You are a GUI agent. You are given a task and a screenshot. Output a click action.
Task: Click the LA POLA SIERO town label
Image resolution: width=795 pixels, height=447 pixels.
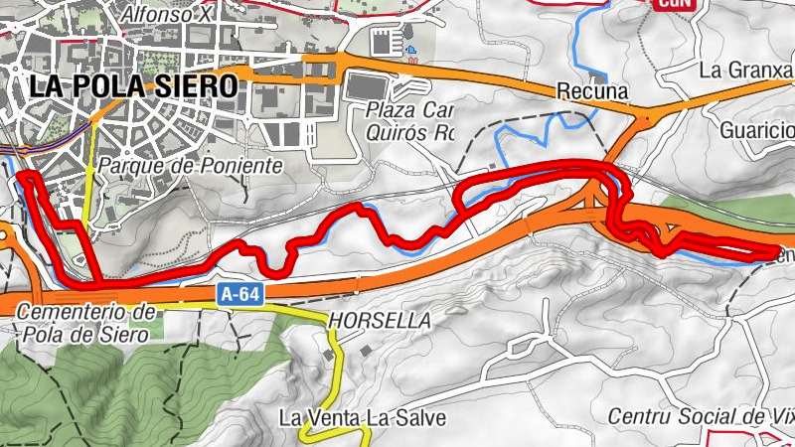[x=133, y=85]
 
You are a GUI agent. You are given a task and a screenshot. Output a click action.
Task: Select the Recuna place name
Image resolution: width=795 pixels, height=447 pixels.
[x=592, y=91]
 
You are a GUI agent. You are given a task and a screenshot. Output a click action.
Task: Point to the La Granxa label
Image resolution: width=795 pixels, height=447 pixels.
[x=746, y=70]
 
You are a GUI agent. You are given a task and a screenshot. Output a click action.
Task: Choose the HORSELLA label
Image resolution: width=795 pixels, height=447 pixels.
[x=379, y=321]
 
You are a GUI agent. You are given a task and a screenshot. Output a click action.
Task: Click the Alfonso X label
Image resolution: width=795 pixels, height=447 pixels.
[x=166, y=15]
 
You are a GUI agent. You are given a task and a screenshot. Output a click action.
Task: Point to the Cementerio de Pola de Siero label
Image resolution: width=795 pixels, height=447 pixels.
[x=86, y=323]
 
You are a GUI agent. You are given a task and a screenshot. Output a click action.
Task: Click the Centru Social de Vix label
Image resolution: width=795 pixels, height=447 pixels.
[x=700, y=414]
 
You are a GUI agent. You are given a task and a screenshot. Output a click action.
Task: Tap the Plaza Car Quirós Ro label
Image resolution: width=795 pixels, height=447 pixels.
[x=408, y=120]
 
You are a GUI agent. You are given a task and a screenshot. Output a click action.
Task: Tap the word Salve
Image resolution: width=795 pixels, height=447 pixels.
[x=421, y=416]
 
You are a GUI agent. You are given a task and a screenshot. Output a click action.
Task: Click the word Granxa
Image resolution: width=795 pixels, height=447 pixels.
[x=761, y=70]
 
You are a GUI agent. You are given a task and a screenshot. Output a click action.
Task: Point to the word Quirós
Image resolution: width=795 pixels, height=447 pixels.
[x=396, y=131]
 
